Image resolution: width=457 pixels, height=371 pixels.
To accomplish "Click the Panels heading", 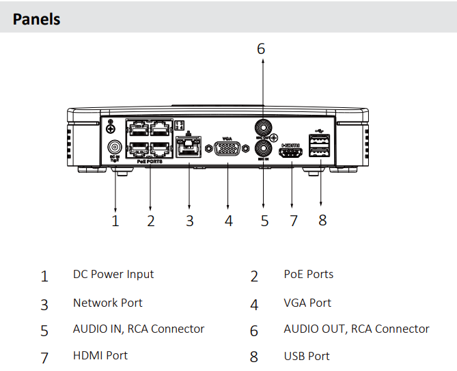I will pyautogui.click(x=36, y=18).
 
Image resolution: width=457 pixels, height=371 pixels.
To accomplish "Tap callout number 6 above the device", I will pyautogui.click(x=260, y=49).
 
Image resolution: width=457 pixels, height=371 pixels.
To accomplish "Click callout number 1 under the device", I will pyautogui.click(x=115, y=220).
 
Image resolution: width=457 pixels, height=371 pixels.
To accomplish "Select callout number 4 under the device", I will pyautogui.click(x=228, y=220).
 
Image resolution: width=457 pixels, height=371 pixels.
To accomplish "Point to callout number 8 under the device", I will pyautogui.click(x=322, y=219).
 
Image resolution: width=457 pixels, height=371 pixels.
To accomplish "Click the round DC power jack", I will pyautogui.click(x=115, y=147).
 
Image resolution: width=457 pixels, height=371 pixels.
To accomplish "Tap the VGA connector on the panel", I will pyautogui.click(x=227, y=150).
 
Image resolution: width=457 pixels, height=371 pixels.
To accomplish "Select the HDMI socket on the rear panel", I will pyautogui.click(x=292, y=152).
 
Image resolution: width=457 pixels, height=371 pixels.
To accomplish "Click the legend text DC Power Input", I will pyautogui.click(x=113, y=274).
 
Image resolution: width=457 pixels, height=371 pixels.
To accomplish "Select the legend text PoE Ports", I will pyautogui.click(x=308, y=274).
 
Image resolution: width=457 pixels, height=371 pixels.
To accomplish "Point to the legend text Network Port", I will pyautogui.click(x=107, y=303).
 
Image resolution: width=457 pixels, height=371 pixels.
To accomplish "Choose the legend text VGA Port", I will pyautogui.click(x=307, y=303).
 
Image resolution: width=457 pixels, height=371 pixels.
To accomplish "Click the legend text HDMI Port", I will pyautogui.click(x=100, y=355).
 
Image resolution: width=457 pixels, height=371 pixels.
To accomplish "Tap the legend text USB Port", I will pyautogui.click(x=306, y=356).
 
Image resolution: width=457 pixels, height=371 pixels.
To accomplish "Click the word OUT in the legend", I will pyautogui.click(x=334, y=329).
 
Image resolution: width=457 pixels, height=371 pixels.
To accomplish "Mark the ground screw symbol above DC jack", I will pyautogui.click(x=111, y=124).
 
